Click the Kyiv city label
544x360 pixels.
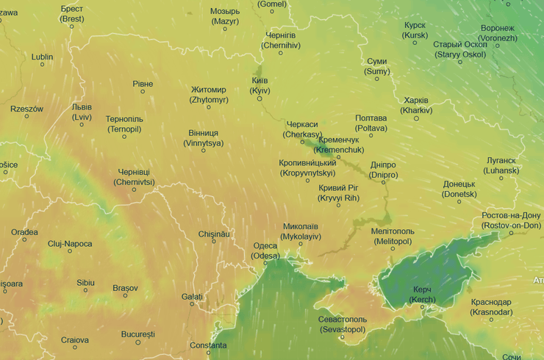[260, 84]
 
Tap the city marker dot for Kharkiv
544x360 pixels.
[416, 119]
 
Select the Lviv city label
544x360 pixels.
[82, 112]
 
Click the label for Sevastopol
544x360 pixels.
[343, 325]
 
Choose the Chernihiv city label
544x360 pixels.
[280, 40]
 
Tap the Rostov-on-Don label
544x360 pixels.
[511, 220]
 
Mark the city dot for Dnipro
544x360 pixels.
[383, 181]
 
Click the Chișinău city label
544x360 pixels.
[214, 234]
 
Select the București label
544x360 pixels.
[137, 334]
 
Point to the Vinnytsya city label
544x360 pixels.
[203, 138]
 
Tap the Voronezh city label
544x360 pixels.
[496, 32]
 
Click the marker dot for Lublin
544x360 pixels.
[42, 65]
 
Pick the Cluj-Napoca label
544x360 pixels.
[70, 243]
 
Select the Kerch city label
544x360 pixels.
[421, 295]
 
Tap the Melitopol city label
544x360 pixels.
[393, 236]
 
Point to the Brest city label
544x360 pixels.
[72, 13]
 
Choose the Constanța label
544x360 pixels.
[208, 345]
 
